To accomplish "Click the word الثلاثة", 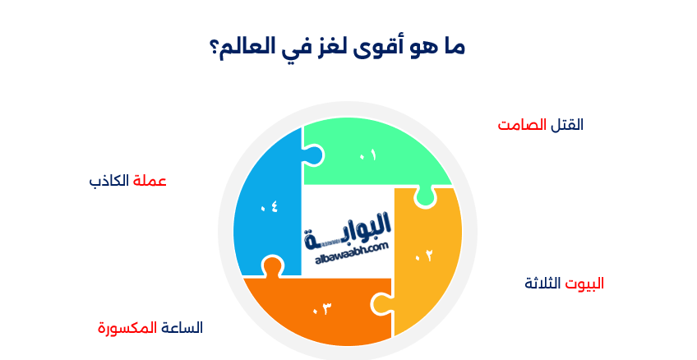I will click(542, 284).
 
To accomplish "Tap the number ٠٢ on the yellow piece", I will click(423, 256).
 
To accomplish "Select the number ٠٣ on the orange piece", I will click(321, 310).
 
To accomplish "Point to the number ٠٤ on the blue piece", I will click(269, 207).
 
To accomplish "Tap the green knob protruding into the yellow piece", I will click(425, 197).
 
